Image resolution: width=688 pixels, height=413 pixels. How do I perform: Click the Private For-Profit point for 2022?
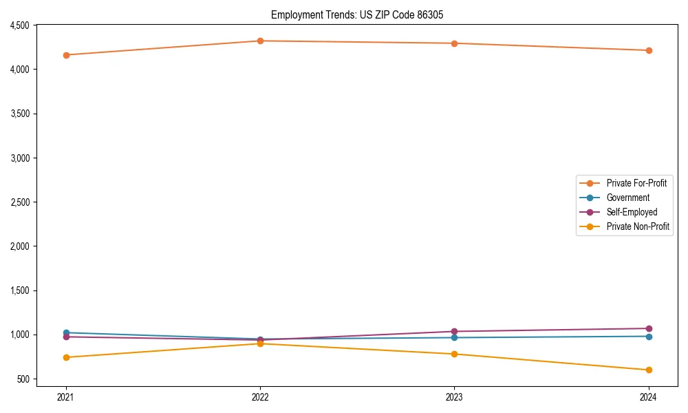click(260, 41)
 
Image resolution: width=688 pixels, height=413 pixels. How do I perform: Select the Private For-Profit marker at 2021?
click(66, 55)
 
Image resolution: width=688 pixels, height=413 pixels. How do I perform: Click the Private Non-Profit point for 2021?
click(66, 357)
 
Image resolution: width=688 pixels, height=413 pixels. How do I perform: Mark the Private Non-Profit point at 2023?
click(454, 354)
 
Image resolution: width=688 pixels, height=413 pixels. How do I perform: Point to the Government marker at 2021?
click(66, 332)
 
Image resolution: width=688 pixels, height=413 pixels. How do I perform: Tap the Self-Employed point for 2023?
click(454, 331)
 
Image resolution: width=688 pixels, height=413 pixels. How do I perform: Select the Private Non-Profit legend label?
click(638, 226)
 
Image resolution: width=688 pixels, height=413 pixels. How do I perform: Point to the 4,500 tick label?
click(19, 25)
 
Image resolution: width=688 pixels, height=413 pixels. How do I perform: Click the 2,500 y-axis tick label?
click(19, 202)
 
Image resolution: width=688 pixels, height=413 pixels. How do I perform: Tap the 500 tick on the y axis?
click(24, 379)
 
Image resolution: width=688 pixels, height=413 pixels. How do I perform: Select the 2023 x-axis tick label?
click(454, 397)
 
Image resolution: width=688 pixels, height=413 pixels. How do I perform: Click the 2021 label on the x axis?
click(66, 397)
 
